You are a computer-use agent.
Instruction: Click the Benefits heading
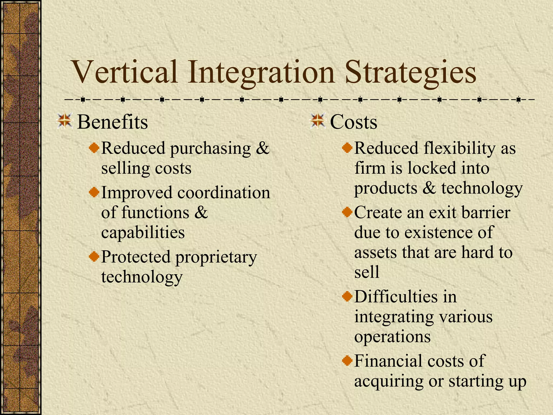112,122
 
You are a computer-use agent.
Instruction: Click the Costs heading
353,122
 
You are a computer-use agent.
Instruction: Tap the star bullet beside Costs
318,121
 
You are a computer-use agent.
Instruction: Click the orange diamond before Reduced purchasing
94,148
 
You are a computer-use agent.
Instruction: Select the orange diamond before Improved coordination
94,193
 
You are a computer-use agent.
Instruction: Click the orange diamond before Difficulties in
347,297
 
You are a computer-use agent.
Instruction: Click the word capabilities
143,233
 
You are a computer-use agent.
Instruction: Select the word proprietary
216,257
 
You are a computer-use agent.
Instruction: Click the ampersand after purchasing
262,148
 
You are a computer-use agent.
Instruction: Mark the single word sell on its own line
367,272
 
